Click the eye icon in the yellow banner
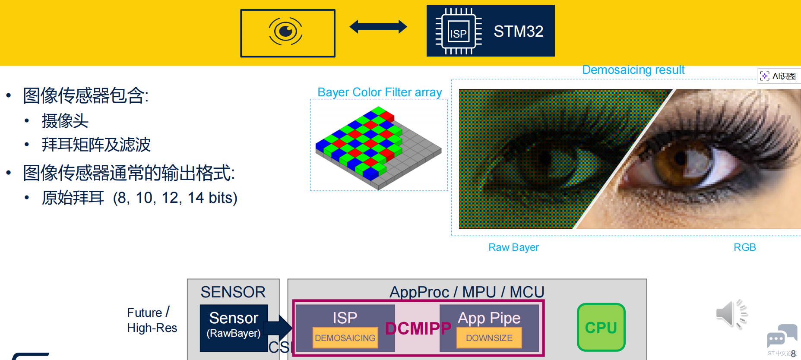coord(285,32)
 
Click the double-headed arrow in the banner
coord(378,27)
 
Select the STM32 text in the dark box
coord(518,32)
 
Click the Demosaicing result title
coord(633,70)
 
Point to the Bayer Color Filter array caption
coord(380,92)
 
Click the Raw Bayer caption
coord(513,247)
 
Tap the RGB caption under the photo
coord(744,247)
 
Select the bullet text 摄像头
coord(65,121)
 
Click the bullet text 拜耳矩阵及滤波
coord(96,145)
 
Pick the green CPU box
coord(601,328)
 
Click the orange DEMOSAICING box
coord(345,338)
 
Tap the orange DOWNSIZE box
coord(489,338)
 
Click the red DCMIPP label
coord(418,328)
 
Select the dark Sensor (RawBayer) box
coord(234,328)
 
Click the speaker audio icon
coord(731,314)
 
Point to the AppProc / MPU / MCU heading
coord(466,292)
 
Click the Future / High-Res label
coord(152,320)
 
